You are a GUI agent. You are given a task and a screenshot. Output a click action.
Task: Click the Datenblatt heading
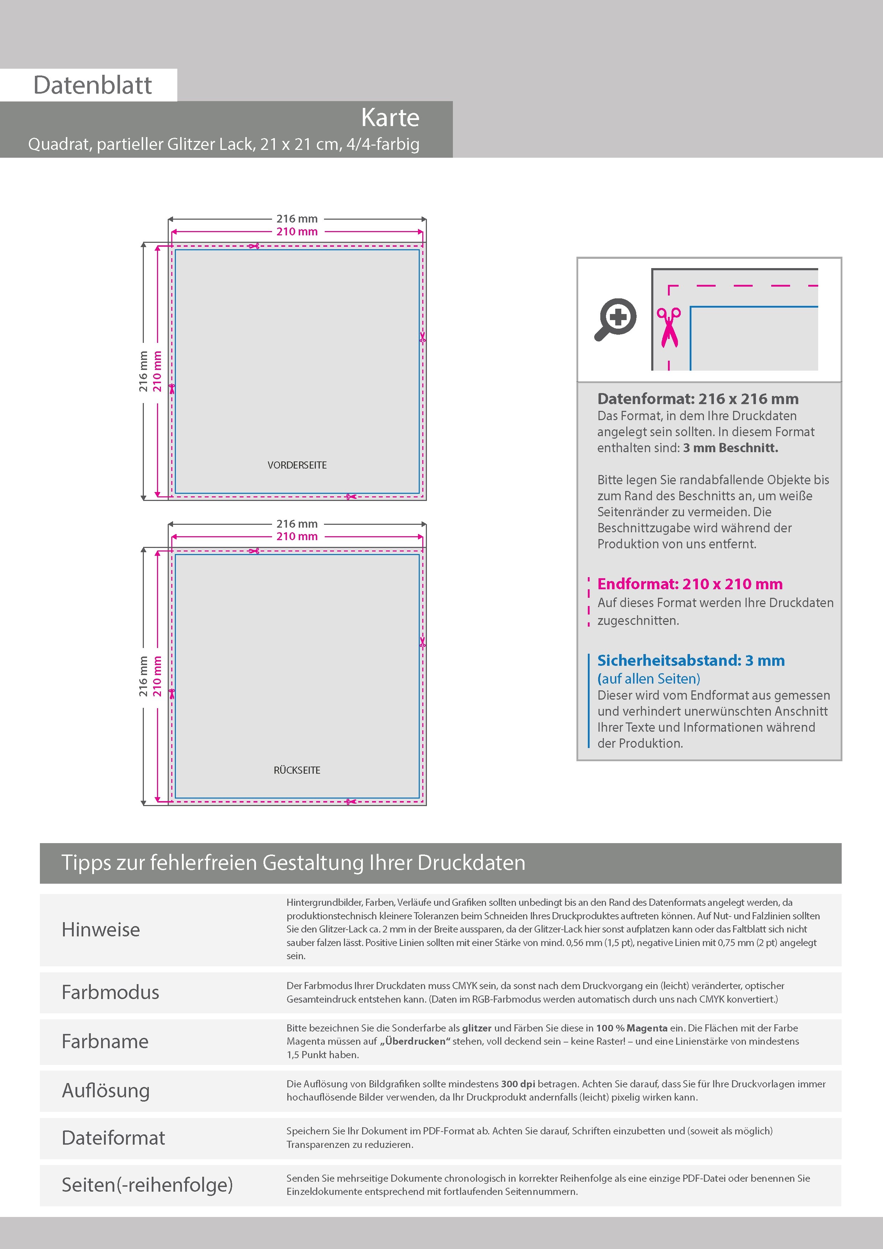click(93, 85)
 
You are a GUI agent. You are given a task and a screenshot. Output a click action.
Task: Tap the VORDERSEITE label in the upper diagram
click(297, 465)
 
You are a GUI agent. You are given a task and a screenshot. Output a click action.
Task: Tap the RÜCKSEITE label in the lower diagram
click(297, 770)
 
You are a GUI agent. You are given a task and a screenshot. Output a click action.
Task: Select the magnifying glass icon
click(615, 319)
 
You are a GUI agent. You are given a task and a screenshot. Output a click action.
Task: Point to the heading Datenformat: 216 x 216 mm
click(697, 399)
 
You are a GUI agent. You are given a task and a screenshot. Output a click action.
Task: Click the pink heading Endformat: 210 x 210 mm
click(689, 584)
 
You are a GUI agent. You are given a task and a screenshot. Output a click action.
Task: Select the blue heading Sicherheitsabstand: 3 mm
click(690, 660)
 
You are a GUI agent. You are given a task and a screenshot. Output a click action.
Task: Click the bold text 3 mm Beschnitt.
click(731, 448)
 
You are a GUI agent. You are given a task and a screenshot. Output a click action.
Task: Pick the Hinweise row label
click(101, 930)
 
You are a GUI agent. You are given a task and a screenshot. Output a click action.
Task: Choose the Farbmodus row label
click(110, 992)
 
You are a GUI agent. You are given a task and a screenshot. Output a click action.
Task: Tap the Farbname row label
click(105, 1041)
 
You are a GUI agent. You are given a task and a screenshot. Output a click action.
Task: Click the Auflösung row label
click(105, 1091)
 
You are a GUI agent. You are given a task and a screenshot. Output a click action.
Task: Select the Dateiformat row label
click(113, 1138)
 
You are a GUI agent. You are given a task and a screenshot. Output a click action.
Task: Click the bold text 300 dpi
click(517, 1084)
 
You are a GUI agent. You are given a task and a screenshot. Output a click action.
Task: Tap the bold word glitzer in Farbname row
click(477, 1028)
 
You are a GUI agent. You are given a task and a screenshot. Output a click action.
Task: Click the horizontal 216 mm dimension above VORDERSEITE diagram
click(297, 219)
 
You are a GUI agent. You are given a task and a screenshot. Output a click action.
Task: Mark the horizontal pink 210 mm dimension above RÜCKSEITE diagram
click(297, 536)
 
